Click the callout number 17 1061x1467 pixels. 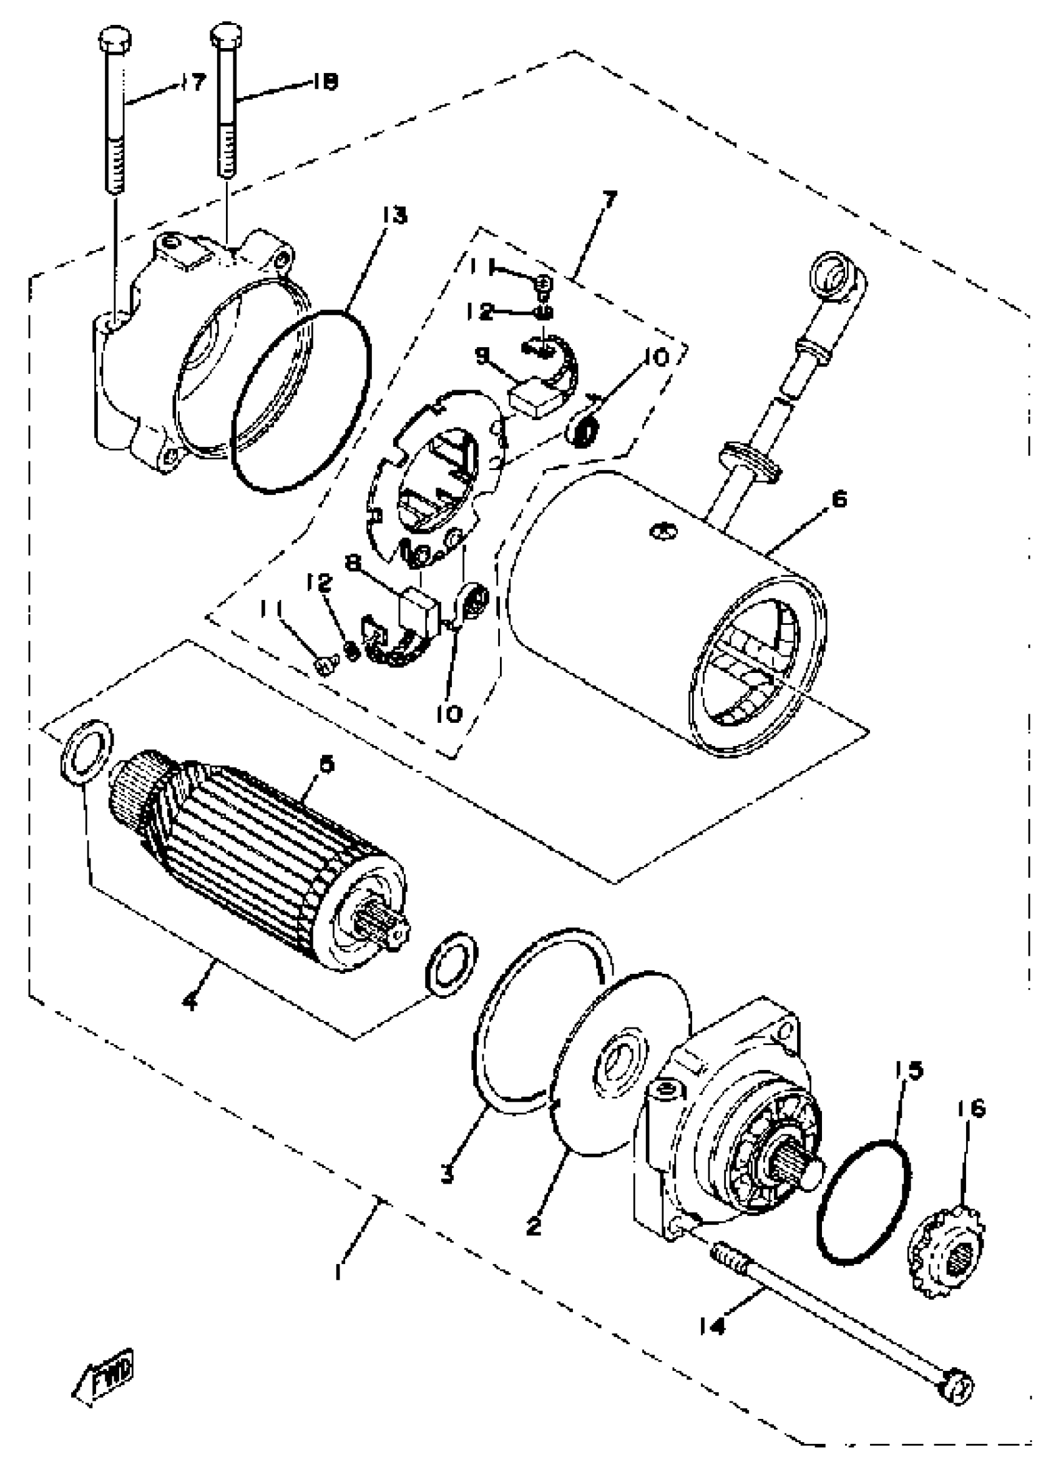pos(193,82)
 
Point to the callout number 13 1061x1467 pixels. pos(395,215)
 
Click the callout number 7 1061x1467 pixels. pos(610,198)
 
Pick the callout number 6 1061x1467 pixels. pos(839,500)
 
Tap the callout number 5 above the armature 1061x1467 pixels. pos(327,765)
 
